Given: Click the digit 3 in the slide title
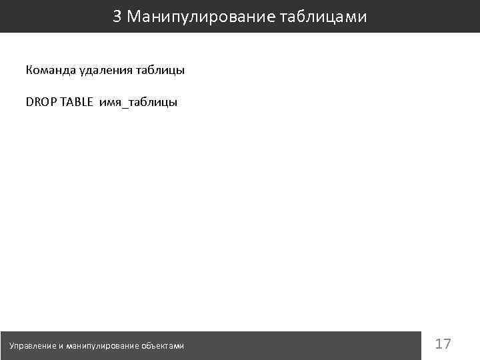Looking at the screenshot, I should (117, 17).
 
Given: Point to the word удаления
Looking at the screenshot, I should (101, 69).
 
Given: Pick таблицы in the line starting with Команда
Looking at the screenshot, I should (159, 69).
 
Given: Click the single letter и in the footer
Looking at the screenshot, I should (61, 345).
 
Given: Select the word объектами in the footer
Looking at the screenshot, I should (163, 345).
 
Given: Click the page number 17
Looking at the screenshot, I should (443, 344).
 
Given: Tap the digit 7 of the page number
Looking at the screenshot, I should (447, 344).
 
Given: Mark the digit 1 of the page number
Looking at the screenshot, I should (438, 344).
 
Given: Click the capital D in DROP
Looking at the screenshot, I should (29, 103).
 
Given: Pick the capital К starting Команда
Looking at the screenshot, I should (29, 69).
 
